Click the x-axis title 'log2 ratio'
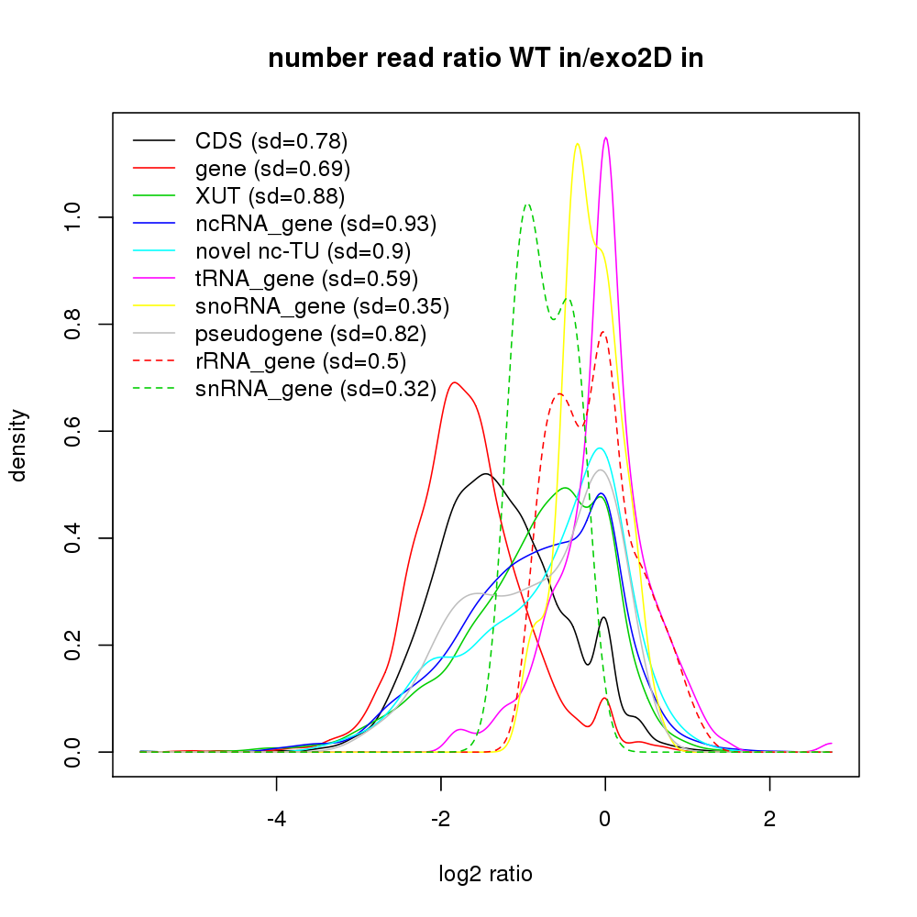[485, 874]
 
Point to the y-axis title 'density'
[17, 444]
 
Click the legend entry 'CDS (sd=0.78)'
[271, 141]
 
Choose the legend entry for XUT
[270, 196]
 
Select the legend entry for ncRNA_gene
[315, 224]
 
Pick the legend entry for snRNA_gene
[315, 389]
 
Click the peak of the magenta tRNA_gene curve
[605, 138]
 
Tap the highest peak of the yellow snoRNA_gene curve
[577, 144]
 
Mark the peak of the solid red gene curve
[453, 382]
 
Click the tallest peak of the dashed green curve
[527, 204]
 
